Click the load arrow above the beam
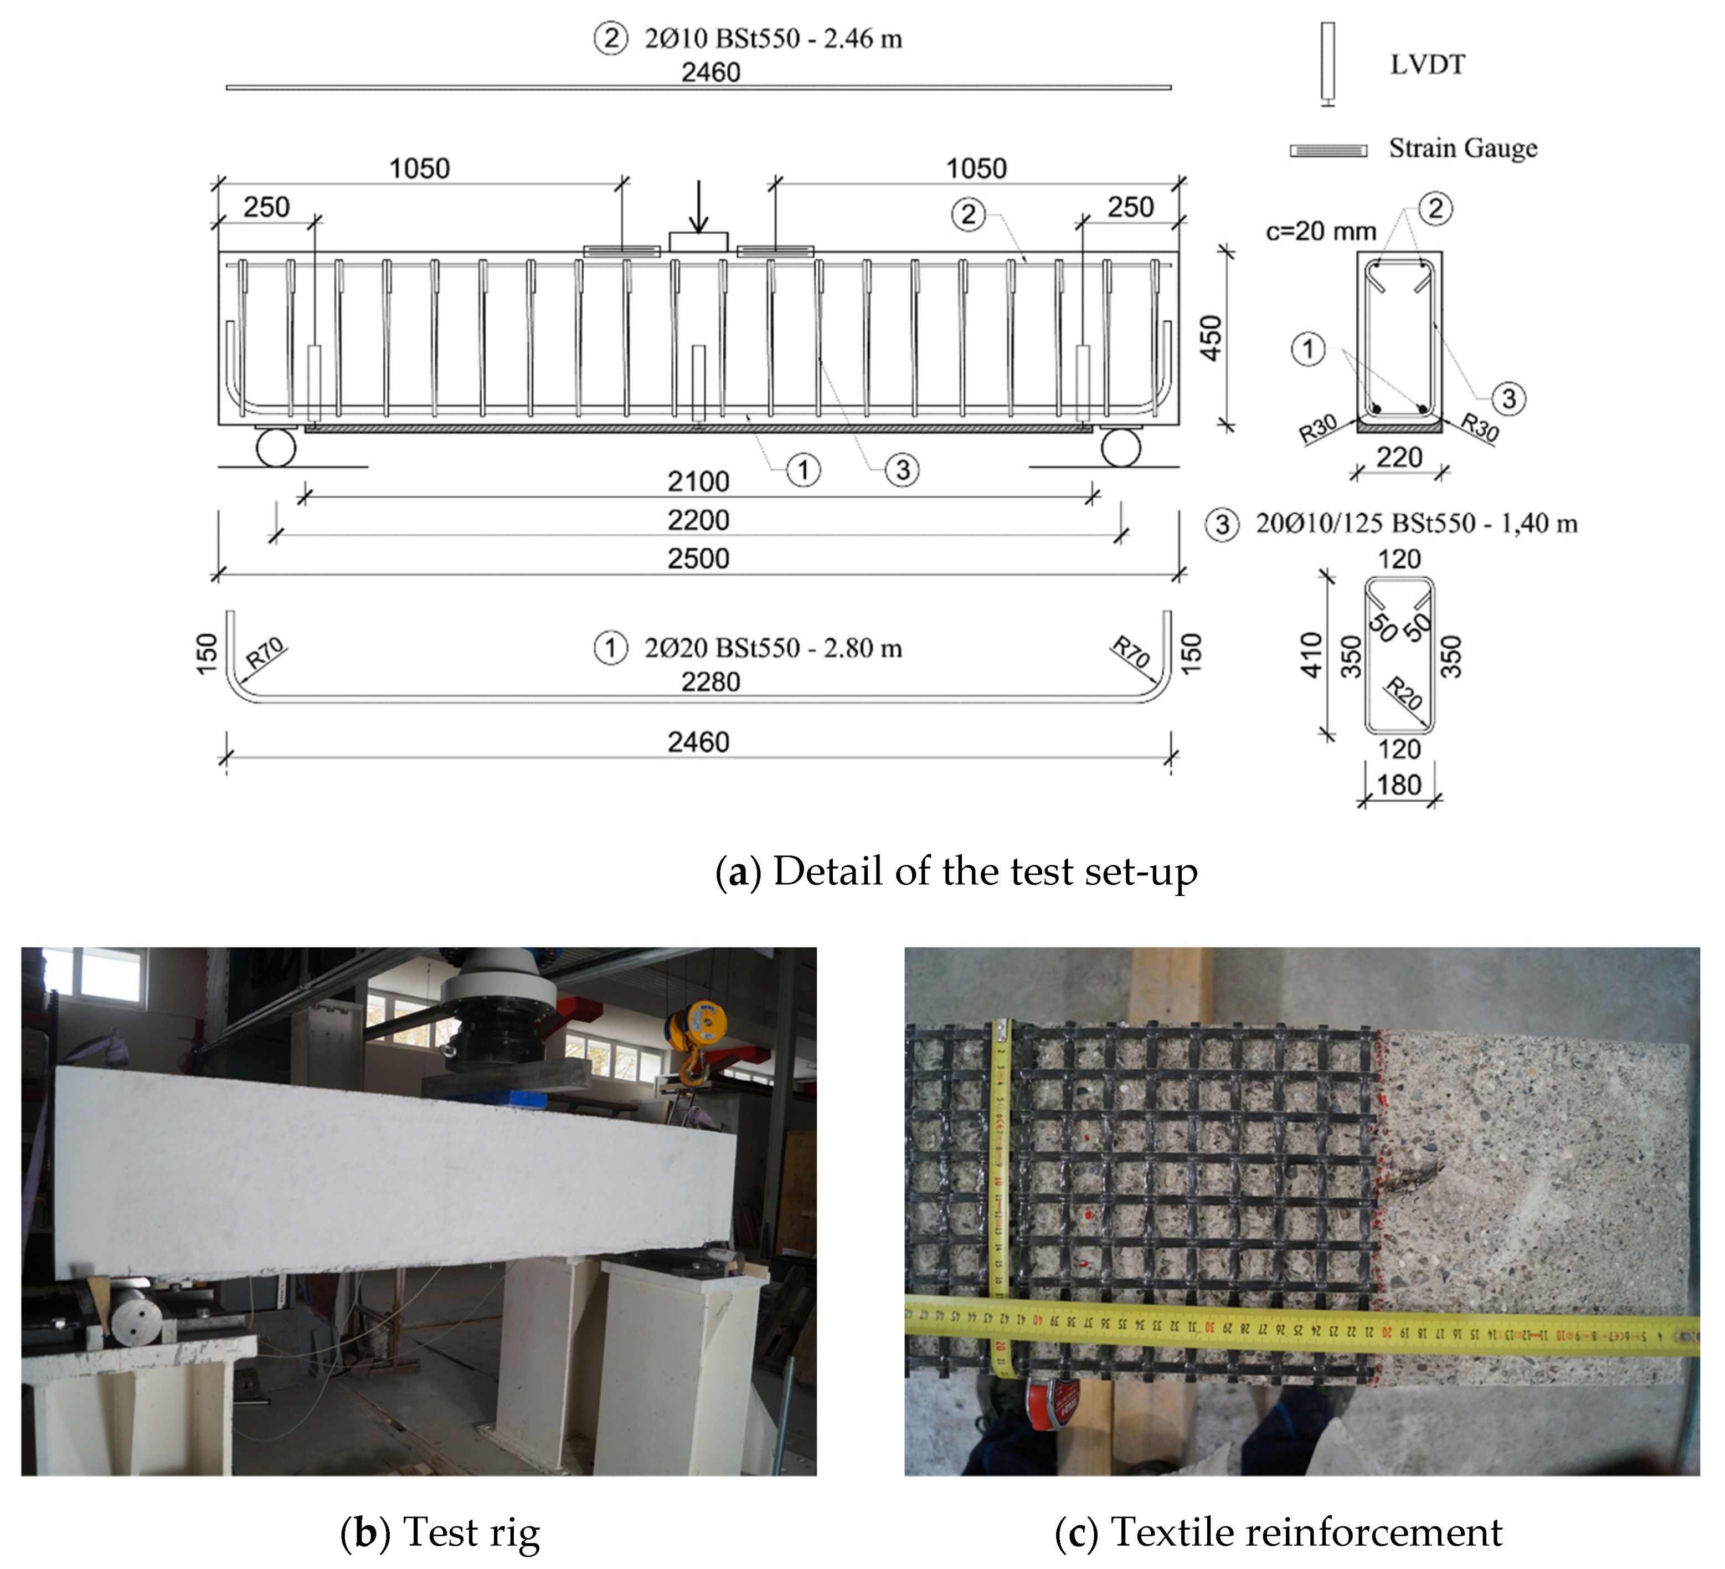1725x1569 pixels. (699, 207)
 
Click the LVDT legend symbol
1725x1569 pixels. (1327, 64)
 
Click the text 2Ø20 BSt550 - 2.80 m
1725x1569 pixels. (773, 648)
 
